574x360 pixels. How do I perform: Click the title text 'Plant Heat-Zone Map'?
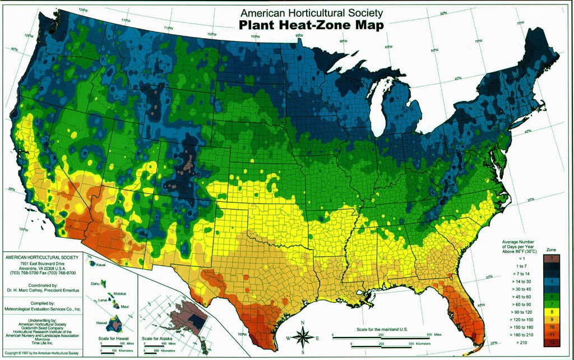pos(311,25)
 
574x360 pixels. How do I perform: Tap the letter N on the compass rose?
pos(303,322)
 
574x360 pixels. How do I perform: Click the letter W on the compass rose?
pos(289,339)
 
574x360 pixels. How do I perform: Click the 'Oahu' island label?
pos(96,284)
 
